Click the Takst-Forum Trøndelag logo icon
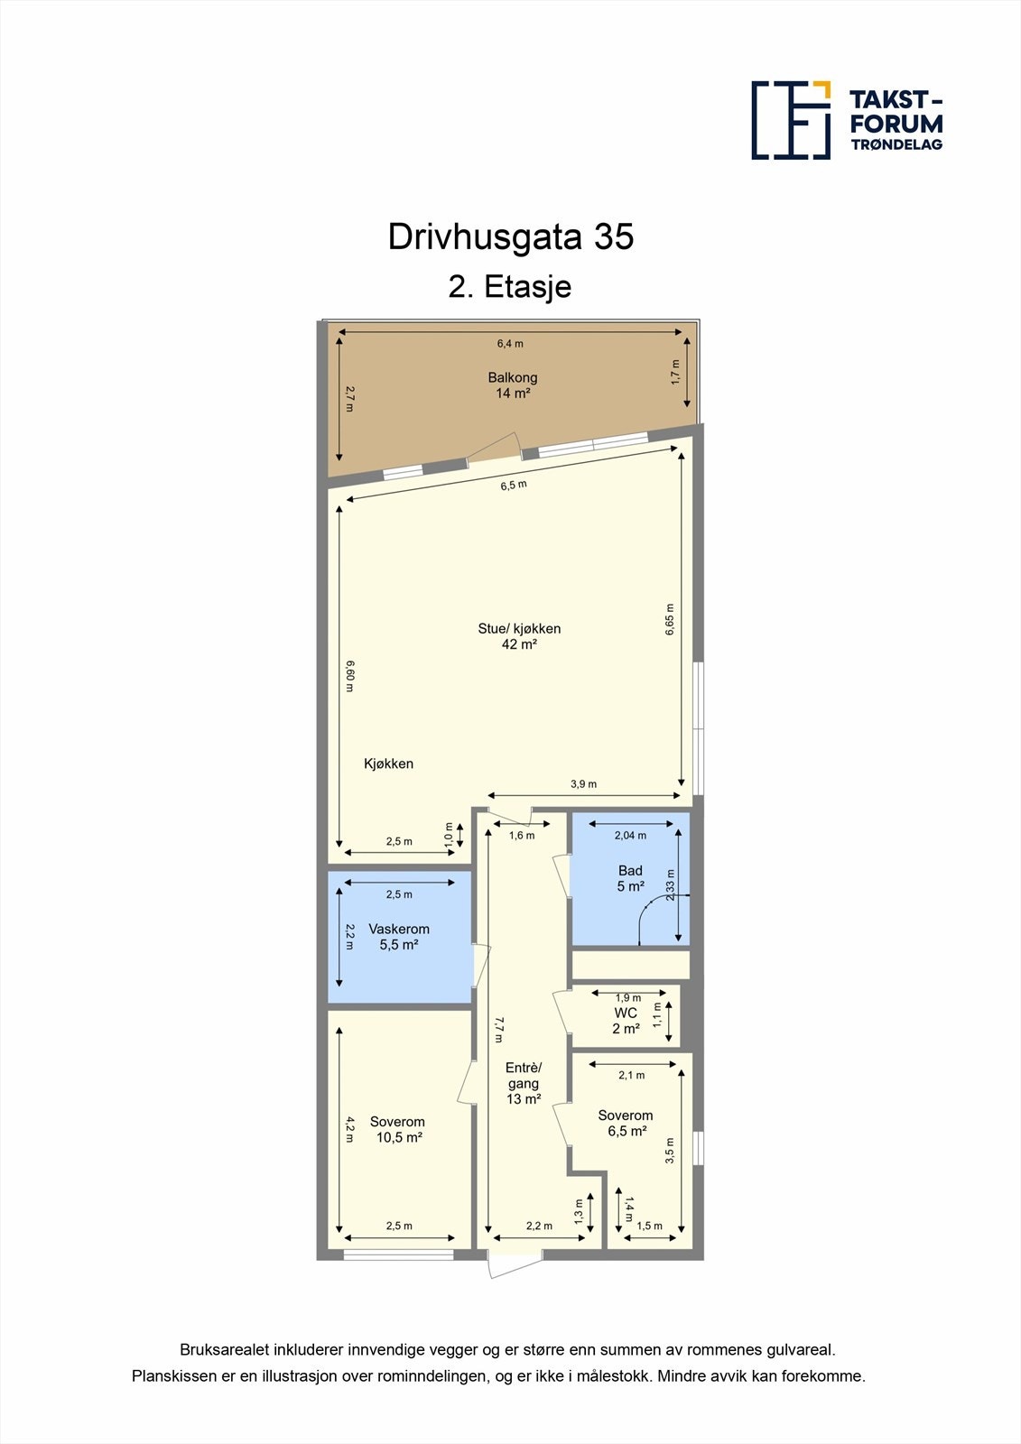point(791,120)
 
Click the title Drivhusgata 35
point(511,236)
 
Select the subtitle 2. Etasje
point(510,287)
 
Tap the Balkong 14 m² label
point(512,385)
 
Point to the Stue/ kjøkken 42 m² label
point(519,636)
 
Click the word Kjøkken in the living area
point(388,764)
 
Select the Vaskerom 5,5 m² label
point(399,937)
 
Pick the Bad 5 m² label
point(630,878)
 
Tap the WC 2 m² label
point(626,1021)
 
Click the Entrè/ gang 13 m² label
point(524,1083)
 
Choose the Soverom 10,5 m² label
point(397,1129)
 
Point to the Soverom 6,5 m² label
point(625,1123)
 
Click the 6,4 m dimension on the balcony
point(510,343)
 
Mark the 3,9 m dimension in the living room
point(583,784)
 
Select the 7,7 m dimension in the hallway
point(497,1030)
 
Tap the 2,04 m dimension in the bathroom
point(630,835)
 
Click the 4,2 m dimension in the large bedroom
point(349,1131)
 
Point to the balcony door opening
point(494,449)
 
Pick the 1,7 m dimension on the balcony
point(675,372)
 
